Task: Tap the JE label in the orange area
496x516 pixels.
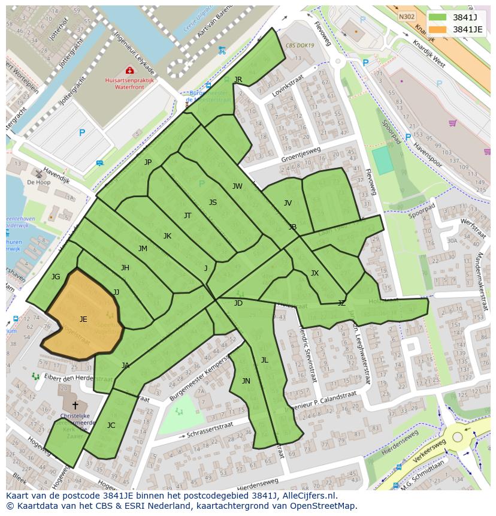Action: point(83,319)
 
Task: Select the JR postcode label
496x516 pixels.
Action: point(238,80)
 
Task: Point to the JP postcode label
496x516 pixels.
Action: point(148,162)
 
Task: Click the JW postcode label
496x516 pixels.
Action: point(237,186)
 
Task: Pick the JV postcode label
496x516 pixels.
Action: point(288,203)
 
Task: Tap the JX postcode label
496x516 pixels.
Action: point(314,273)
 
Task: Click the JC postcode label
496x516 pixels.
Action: point(111,426)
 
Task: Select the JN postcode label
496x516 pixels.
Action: point(246,381)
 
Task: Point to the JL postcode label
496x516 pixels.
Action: point(264,360)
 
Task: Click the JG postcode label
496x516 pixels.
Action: point(56,277)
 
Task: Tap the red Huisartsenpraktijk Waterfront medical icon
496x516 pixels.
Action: point(129,71)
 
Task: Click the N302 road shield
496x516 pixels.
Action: point(407,17)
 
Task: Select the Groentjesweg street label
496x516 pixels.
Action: point(301,155)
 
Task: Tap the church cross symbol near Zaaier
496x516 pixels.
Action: point(75,406)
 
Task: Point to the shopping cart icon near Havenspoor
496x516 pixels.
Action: point(453,123)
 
